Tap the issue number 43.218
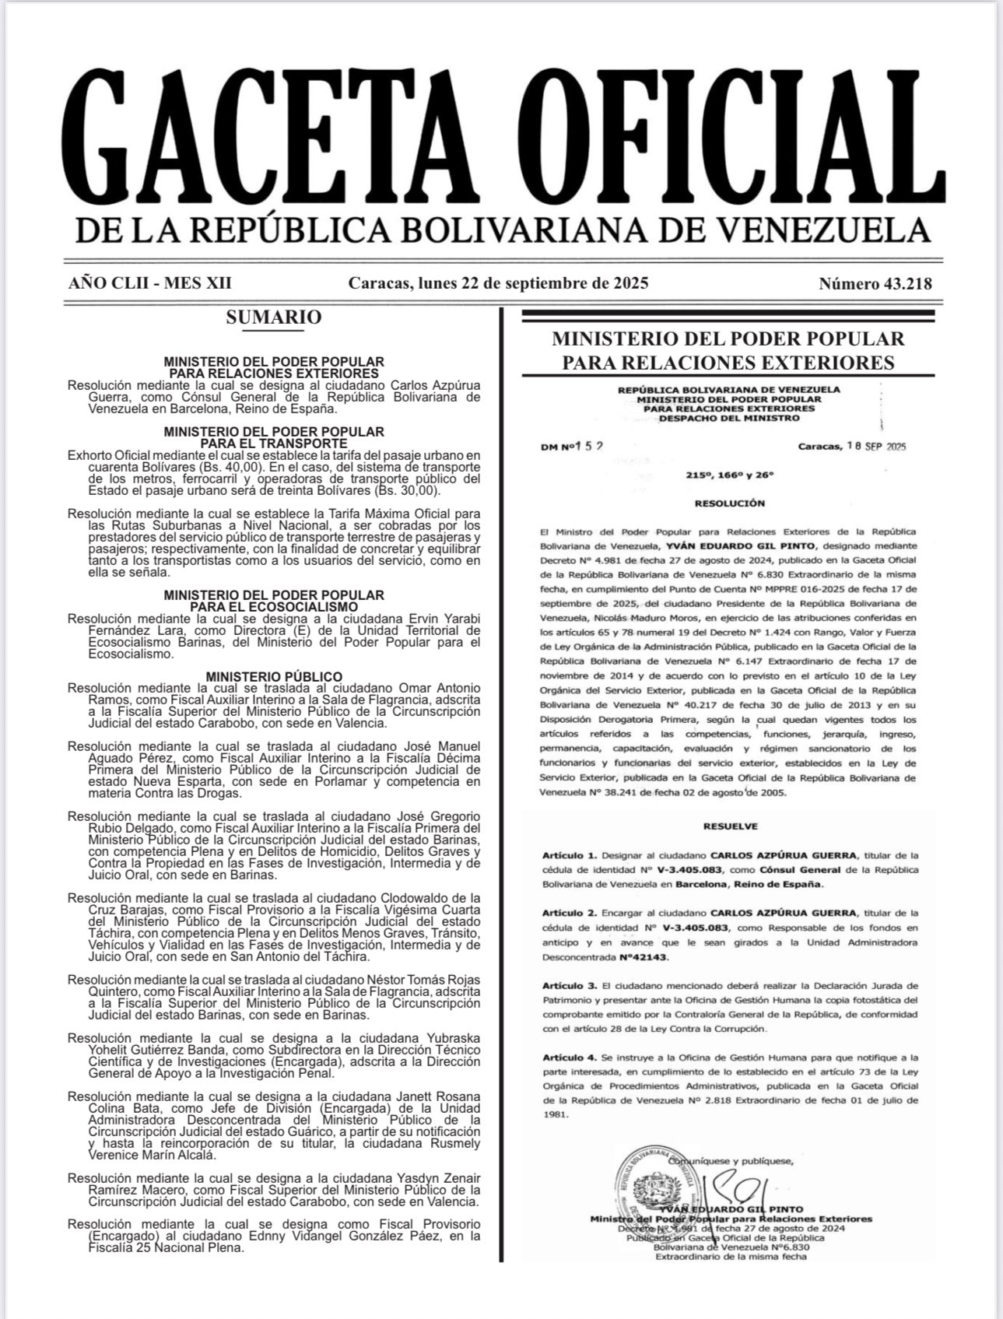[x=875, y=284]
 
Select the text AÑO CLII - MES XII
[x=150, y=283]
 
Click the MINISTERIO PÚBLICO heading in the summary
[x=274, y=677]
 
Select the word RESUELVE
[x=730, y=826]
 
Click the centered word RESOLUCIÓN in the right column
[x=731, y=503]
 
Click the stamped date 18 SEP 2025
[x=875, y=447]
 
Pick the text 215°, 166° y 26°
[x=731, y=474]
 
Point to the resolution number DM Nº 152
[x=573, y=447]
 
